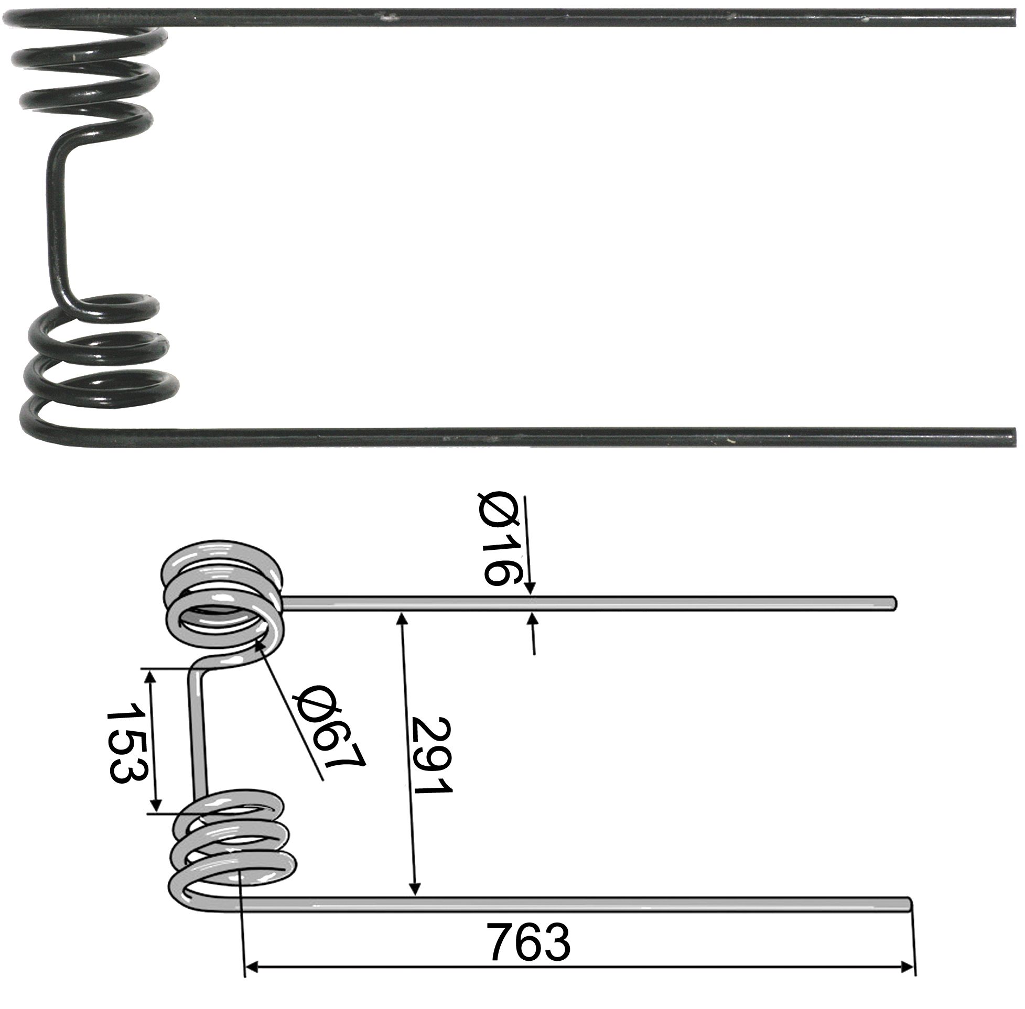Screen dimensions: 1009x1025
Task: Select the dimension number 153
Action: point(126,742)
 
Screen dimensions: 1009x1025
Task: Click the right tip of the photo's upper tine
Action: point(1013,18)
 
